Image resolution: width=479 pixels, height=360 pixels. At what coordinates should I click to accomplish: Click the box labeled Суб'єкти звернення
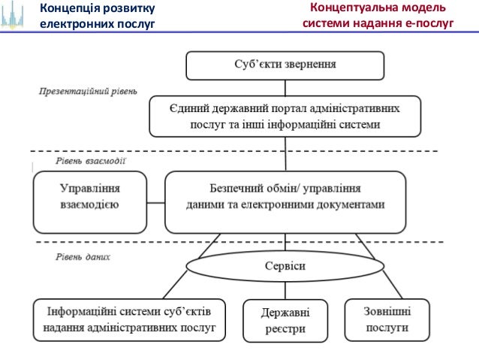285,65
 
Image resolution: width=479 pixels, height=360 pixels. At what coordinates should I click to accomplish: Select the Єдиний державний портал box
285,116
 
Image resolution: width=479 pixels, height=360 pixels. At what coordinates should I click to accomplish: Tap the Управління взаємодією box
89,202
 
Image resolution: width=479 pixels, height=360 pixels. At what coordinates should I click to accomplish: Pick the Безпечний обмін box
285,202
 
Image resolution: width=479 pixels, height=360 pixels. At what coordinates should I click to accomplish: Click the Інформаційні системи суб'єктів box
129,319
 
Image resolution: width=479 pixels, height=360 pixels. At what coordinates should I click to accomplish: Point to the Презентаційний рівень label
88,92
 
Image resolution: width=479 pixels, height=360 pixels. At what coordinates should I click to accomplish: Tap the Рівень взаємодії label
90,160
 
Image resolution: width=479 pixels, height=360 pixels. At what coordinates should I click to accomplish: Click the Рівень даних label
83,256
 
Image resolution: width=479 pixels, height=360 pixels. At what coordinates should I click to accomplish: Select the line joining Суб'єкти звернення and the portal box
285,87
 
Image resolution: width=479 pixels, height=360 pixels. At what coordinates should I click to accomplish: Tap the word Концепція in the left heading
71,9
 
